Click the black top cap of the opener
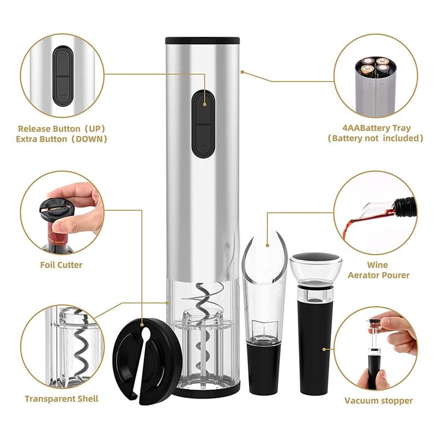[203, 41]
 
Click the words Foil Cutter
[61, 265]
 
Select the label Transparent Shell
[61, 399]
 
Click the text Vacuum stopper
[378, 401]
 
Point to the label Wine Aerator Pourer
[378, 270]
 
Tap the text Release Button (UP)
[61, 128]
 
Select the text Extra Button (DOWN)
[61, 139]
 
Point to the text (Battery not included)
[376, 139]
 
